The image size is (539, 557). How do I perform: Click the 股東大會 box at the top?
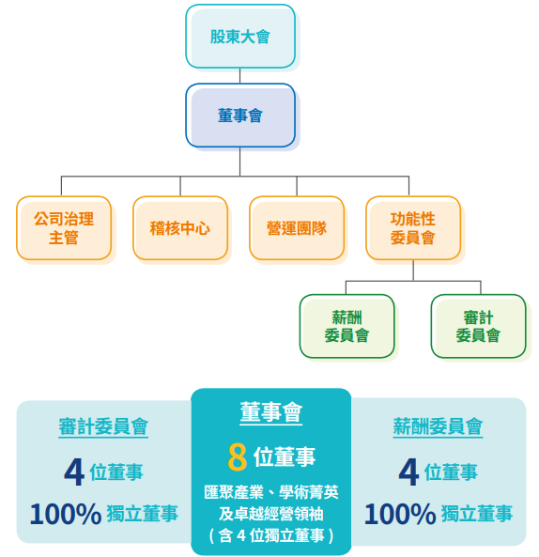(240, 37)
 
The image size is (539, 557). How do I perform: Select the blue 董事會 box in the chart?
(240, 116)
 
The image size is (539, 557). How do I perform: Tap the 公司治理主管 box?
(64, 227)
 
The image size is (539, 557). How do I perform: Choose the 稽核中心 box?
(180, 227)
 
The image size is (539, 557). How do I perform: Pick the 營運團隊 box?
(297, 227)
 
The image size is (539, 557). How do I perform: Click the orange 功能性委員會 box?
(413, 227)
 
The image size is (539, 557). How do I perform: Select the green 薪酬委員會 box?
(346, 326)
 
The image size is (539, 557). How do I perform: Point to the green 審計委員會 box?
(478, 326)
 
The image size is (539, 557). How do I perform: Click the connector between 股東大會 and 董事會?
(240, 76)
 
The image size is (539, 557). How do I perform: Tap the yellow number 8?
(238, 456)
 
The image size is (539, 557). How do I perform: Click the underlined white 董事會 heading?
(271, 412)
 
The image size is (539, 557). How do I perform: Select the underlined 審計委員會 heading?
(103, 426)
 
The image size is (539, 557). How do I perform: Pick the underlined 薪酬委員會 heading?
(438, 426)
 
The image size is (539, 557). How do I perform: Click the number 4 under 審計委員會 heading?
(74, 472)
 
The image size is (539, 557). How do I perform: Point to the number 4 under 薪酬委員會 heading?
(408, 472)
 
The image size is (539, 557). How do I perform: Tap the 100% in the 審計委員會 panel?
(66, 514)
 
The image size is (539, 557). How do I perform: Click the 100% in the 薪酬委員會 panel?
(400, 514)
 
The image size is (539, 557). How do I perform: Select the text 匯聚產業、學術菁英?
(271, 492)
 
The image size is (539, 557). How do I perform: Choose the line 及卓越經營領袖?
(271, 514)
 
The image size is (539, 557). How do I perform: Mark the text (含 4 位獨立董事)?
(271, 535)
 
